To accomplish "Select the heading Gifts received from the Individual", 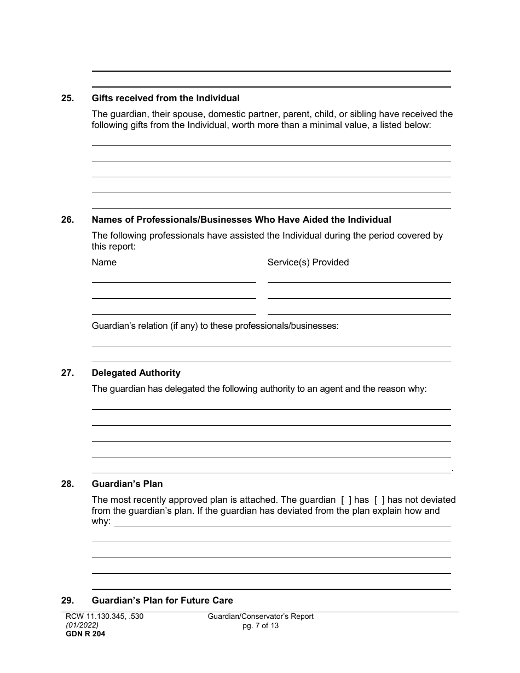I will (165, 98).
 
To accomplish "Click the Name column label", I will (104, 262).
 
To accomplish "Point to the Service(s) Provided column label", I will (308, 262).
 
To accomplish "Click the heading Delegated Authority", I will (136, 373).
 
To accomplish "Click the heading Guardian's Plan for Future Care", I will (162, 600).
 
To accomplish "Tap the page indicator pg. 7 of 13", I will (261, 625).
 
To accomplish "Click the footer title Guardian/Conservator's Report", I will (261, 617).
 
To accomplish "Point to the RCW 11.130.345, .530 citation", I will (104, 617).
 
